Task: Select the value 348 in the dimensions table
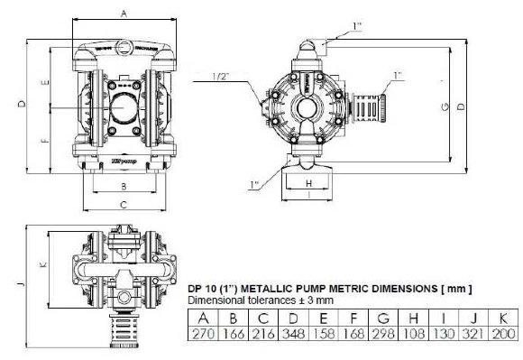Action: click(291, 334)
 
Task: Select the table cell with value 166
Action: click(233, 334)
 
